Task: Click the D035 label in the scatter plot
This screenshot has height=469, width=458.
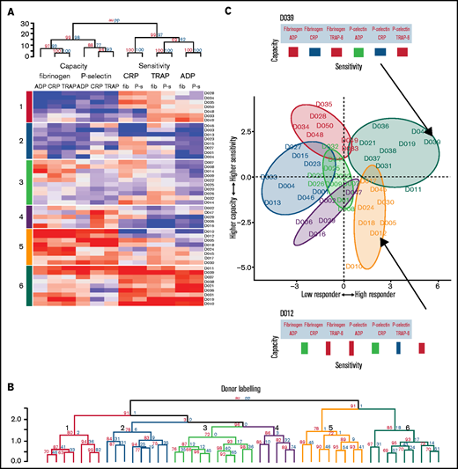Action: (x=322, y=105)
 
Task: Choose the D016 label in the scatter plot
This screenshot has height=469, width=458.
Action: (x=318, y=234)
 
